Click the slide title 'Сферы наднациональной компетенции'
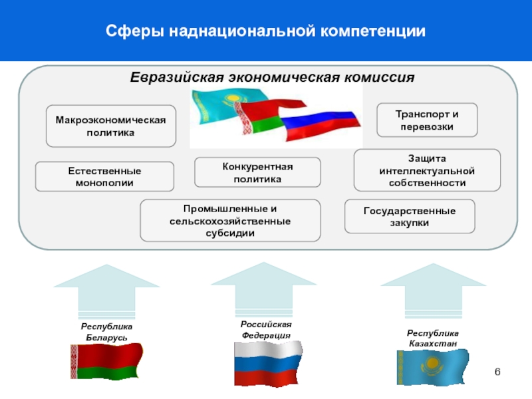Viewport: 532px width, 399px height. [265, 31]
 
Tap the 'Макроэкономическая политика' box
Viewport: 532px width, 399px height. [110, 126]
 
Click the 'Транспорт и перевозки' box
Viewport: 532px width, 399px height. [427, 120]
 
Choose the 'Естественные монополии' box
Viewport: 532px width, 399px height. [104, 177]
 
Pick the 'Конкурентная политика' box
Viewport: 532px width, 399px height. [257, 172]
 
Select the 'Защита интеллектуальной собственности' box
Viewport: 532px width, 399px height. [427, 170]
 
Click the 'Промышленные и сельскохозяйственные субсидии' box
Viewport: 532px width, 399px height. [230, 220]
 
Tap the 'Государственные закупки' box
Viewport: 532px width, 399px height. [410, 216]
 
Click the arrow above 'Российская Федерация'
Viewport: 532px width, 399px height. [264, 290]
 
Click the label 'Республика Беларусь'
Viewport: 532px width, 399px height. [106, 333]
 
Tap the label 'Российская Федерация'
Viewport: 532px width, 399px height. [266, 329]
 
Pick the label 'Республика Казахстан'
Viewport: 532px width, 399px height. [433, 338]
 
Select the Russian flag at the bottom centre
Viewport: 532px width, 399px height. [267, 363]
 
